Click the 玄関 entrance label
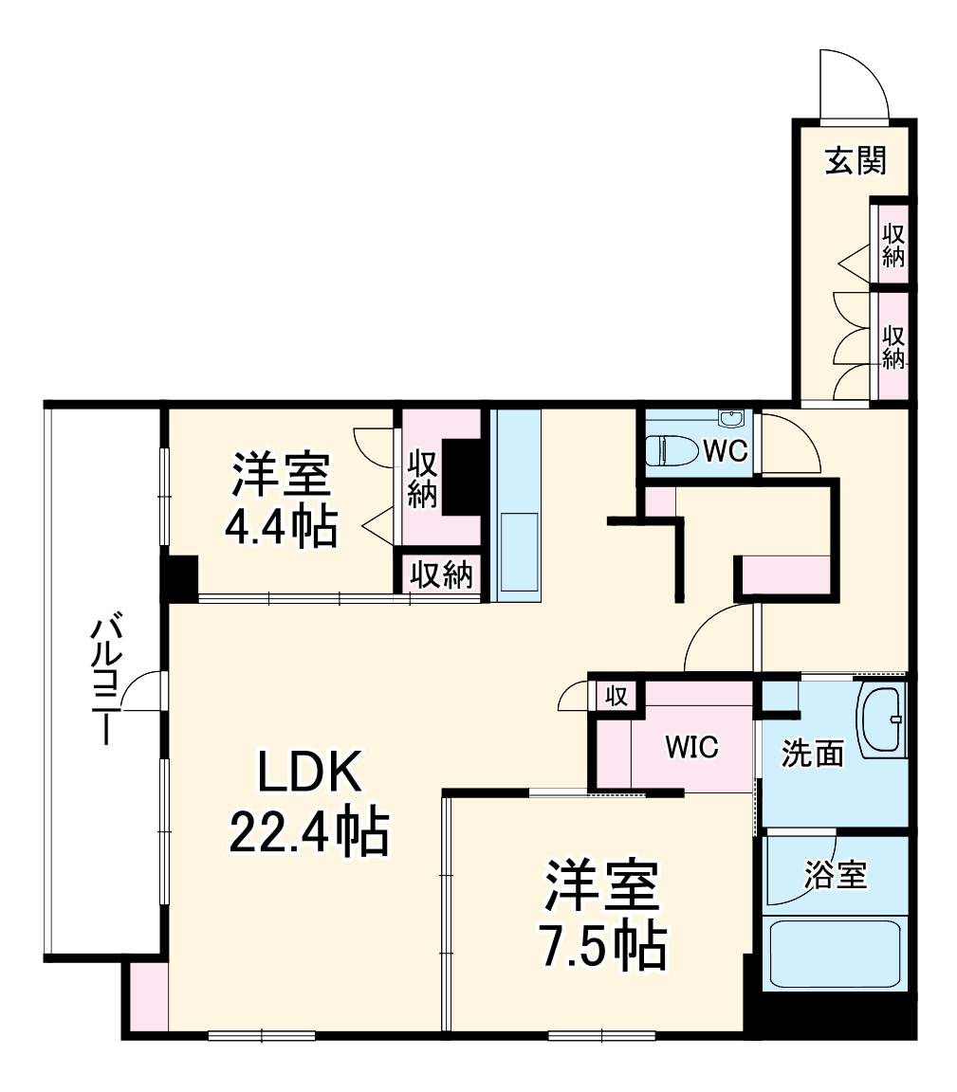pos(855,162)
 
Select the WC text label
pos(726,452)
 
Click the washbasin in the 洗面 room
pos(883,720)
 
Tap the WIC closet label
pos(691,747)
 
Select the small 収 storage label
pos(616,697)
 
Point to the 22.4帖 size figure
pos(308,833)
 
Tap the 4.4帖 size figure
pos(281,528)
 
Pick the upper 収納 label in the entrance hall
pos(893,246)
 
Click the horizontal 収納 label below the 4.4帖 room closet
pos(442,574)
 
